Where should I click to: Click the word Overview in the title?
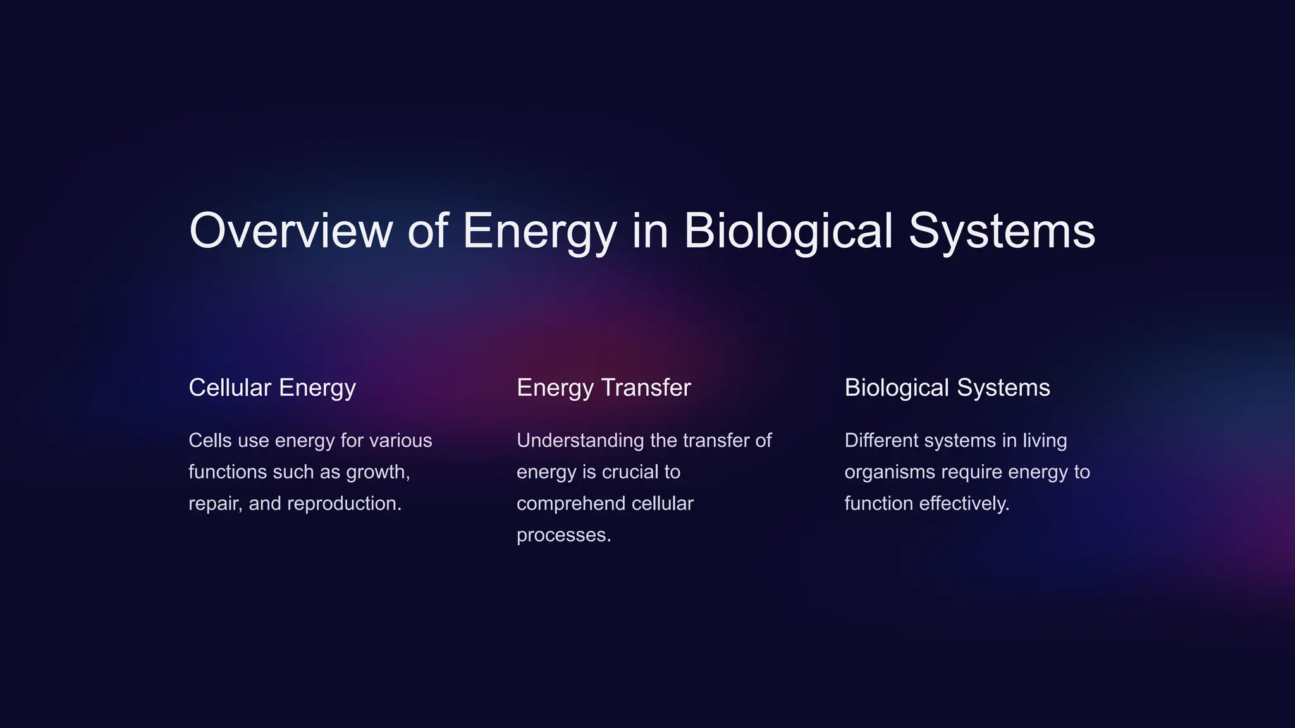point(290,231)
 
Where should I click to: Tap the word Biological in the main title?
point(788,231)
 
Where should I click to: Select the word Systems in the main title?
point(1002,231)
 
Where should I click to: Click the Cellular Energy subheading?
point(272,387)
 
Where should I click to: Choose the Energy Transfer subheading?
point(603,387)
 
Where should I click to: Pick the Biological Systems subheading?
point(947,387)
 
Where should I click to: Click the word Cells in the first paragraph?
point(210,440)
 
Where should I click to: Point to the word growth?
point(377,472)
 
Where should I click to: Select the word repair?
point(215,504)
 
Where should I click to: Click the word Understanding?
point(580,440)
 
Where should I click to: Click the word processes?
point(563,535)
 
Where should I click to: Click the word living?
point(1045,440)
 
